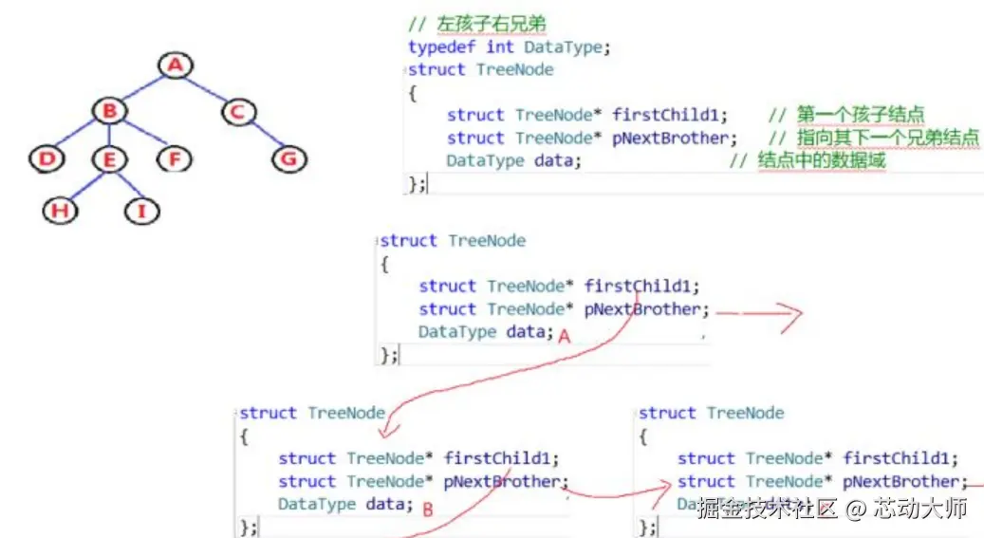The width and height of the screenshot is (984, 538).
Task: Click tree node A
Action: pyautogui.click(x=174, y=65)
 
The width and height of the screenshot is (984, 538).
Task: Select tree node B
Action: pyautogui.click(x=109, y=112)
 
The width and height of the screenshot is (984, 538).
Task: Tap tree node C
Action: pyautogui.click(x=238, y=112)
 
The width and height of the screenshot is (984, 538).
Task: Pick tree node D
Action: pyautogui.click(x=46, y=159)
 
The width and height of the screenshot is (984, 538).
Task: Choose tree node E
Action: pyautogui.click(x=109, y=159)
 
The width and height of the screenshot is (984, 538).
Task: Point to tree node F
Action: pyautogui.click(x=174, y=159)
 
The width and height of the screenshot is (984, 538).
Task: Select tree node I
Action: pyautogui.click(x=141, y=211)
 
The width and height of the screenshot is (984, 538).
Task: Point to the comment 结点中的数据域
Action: pyautogui.click(x=821, y=160)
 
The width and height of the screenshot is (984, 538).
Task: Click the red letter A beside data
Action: pyautogui.click(x=564, y=336)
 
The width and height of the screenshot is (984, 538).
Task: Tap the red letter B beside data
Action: pyautogui.click(x=427, y=510)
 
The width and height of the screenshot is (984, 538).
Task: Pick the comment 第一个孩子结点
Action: pyautogui.click(x=861, y=115)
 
